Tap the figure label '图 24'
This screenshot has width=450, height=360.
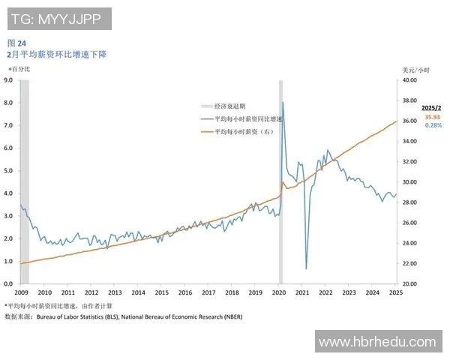coord(16,43)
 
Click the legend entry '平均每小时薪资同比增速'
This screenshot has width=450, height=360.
coord(248,119)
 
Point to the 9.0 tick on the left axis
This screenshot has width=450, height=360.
coord(8,79)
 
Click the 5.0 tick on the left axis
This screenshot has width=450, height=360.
coord(8,170)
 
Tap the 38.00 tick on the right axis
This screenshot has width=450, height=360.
coord(409,100)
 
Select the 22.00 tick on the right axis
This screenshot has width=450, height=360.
coord(409,263)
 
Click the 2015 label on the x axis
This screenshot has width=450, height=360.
coord(161,292)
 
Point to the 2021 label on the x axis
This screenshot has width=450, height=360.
coord(302,292)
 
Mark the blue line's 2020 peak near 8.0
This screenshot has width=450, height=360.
coord(282,103)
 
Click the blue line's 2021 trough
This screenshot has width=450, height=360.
coord(306,268)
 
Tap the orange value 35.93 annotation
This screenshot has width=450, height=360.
coord(433,117)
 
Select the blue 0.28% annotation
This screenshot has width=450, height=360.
coord(433,125)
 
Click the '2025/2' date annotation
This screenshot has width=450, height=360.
coord(433,108)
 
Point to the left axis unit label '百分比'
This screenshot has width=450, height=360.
coord(19,70)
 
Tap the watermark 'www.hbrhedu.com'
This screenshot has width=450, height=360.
coord(377,342)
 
